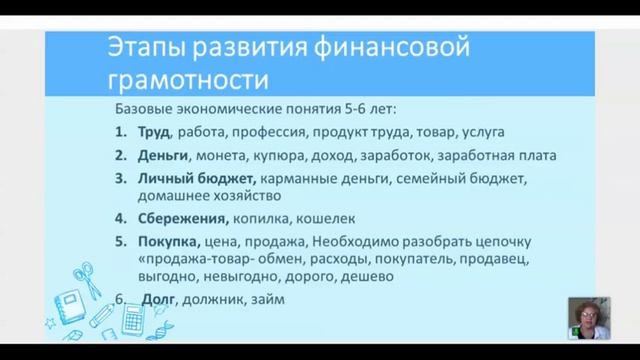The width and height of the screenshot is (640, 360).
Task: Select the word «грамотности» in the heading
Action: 187,79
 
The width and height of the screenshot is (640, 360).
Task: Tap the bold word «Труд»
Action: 152,131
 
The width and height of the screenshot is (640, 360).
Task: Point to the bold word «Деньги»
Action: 162,155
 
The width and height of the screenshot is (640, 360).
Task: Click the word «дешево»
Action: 366,277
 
